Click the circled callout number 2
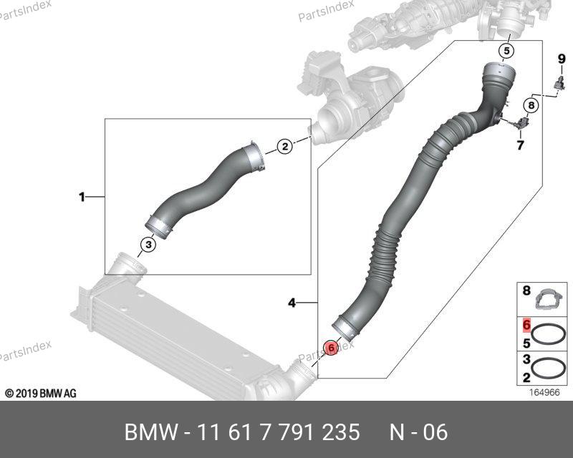[x=285, y=147]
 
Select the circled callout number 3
[x=148, y=245]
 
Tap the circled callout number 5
[x=507, y=51]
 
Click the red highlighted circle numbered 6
[x=331, y=348]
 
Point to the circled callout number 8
[x=531, y=105]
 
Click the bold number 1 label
[x=82, y=198]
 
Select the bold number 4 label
[x=292, y=303]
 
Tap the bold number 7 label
[x=520, y=145]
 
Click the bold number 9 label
[x=562, y=59]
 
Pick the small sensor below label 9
[x=559, y=83]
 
